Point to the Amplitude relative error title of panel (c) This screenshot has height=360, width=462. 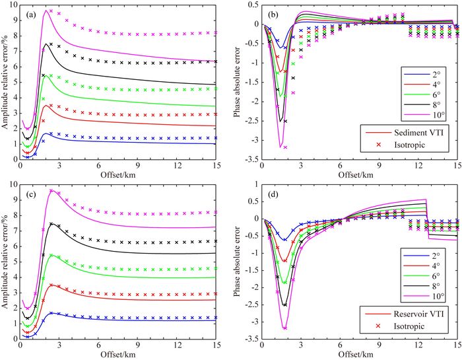[x=7, y=262]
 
